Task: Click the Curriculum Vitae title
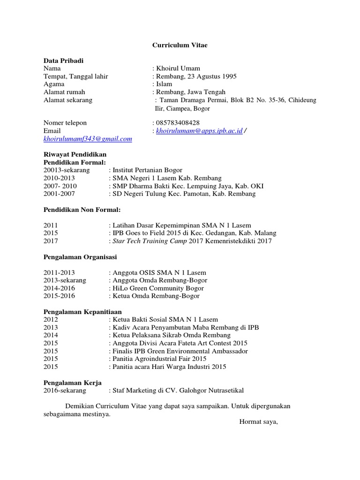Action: point(180,45)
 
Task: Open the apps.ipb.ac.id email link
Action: point(199,131)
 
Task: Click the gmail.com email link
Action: point(88,139)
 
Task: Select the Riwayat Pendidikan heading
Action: point(75,154)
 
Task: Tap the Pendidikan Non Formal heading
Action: point(82,209)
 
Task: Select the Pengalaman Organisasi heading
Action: point(80,257)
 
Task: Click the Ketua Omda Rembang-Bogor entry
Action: point(156,296)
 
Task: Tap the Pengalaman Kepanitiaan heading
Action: point(82,311)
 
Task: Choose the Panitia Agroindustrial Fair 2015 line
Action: point(159,359)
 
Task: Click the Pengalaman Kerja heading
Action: point(73,382)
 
